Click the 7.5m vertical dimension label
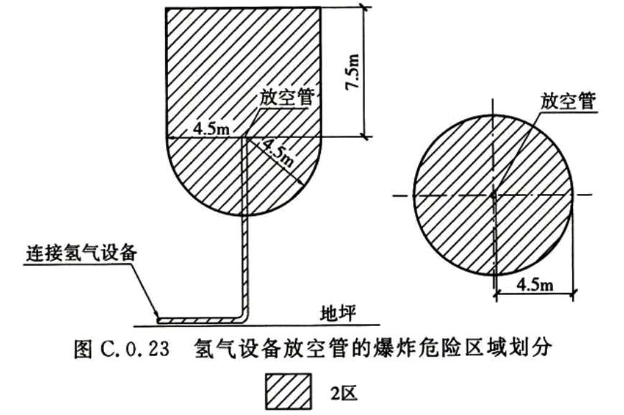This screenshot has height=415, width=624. coord(353,72)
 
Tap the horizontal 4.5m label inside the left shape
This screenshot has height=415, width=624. coord(211,129)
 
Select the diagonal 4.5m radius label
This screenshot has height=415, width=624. coord(279,154)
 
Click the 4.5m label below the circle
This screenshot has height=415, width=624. coord(535,284)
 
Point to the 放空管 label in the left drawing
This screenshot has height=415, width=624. coord(287,97)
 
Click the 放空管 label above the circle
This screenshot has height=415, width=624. coord(568,101)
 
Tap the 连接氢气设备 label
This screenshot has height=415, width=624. coord(82,253)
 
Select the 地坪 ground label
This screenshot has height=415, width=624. coord(338,314)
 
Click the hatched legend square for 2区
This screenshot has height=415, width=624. coord(289,391)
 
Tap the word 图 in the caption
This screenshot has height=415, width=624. coord(83,348)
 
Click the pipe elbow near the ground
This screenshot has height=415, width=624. coord(243,317)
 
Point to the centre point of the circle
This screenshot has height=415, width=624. coord(493,195)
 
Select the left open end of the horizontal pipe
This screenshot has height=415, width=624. coord(159,320)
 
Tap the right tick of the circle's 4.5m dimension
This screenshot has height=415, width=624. coord(573,294)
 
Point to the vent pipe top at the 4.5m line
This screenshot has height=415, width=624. coord(246,138)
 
